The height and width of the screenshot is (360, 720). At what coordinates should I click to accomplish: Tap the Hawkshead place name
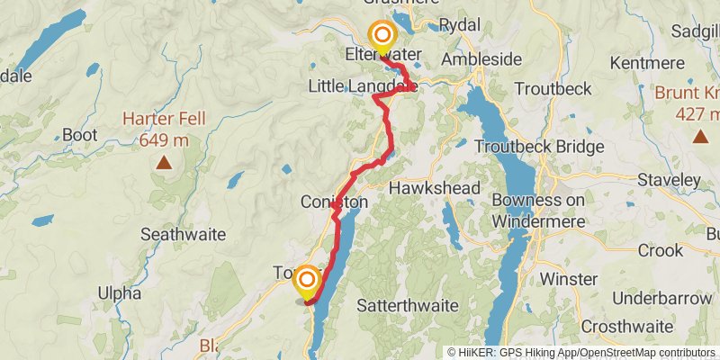425,188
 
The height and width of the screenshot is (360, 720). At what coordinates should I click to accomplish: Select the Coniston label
335,202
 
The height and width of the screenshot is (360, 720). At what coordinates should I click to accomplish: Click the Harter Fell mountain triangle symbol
164,163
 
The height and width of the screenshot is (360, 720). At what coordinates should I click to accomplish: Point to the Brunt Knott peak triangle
700,136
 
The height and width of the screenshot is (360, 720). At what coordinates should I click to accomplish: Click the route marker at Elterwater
382,36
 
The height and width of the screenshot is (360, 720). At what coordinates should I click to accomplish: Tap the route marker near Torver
306,280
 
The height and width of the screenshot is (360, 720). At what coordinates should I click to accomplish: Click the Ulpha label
121,293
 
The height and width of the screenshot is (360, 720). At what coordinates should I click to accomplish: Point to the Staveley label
669,180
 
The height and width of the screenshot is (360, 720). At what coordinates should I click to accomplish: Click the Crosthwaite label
627,326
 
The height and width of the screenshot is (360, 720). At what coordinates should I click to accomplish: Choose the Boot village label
80,135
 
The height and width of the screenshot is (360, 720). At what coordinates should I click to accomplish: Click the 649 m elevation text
164,139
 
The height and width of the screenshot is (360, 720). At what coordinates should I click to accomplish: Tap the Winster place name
568,279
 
